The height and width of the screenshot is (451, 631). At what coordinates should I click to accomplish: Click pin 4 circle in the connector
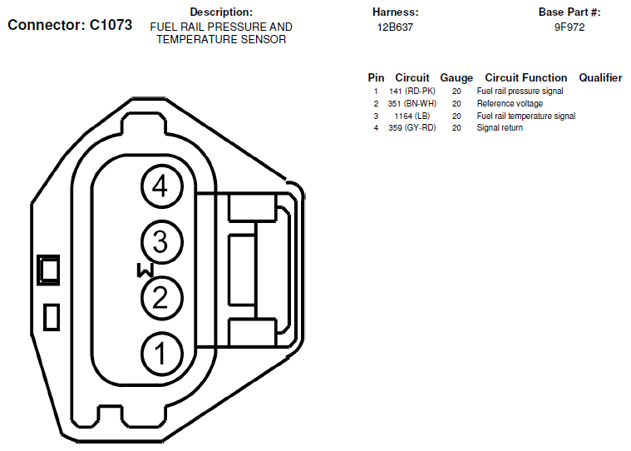162,186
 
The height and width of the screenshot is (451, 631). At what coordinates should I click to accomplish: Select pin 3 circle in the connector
162,242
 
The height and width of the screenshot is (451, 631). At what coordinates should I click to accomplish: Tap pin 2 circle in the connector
162,298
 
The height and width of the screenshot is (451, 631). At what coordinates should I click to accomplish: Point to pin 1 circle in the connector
162,354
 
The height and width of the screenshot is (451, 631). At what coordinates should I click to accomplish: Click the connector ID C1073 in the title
111,25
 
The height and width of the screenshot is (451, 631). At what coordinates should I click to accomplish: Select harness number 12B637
395,27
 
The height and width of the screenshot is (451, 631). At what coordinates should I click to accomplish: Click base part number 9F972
569,27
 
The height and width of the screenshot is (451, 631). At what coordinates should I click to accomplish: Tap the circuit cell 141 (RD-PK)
412,92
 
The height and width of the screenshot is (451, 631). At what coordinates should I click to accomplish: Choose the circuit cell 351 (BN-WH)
412,103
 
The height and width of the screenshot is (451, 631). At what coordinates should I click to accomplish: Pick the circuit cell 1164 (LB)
412,116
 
